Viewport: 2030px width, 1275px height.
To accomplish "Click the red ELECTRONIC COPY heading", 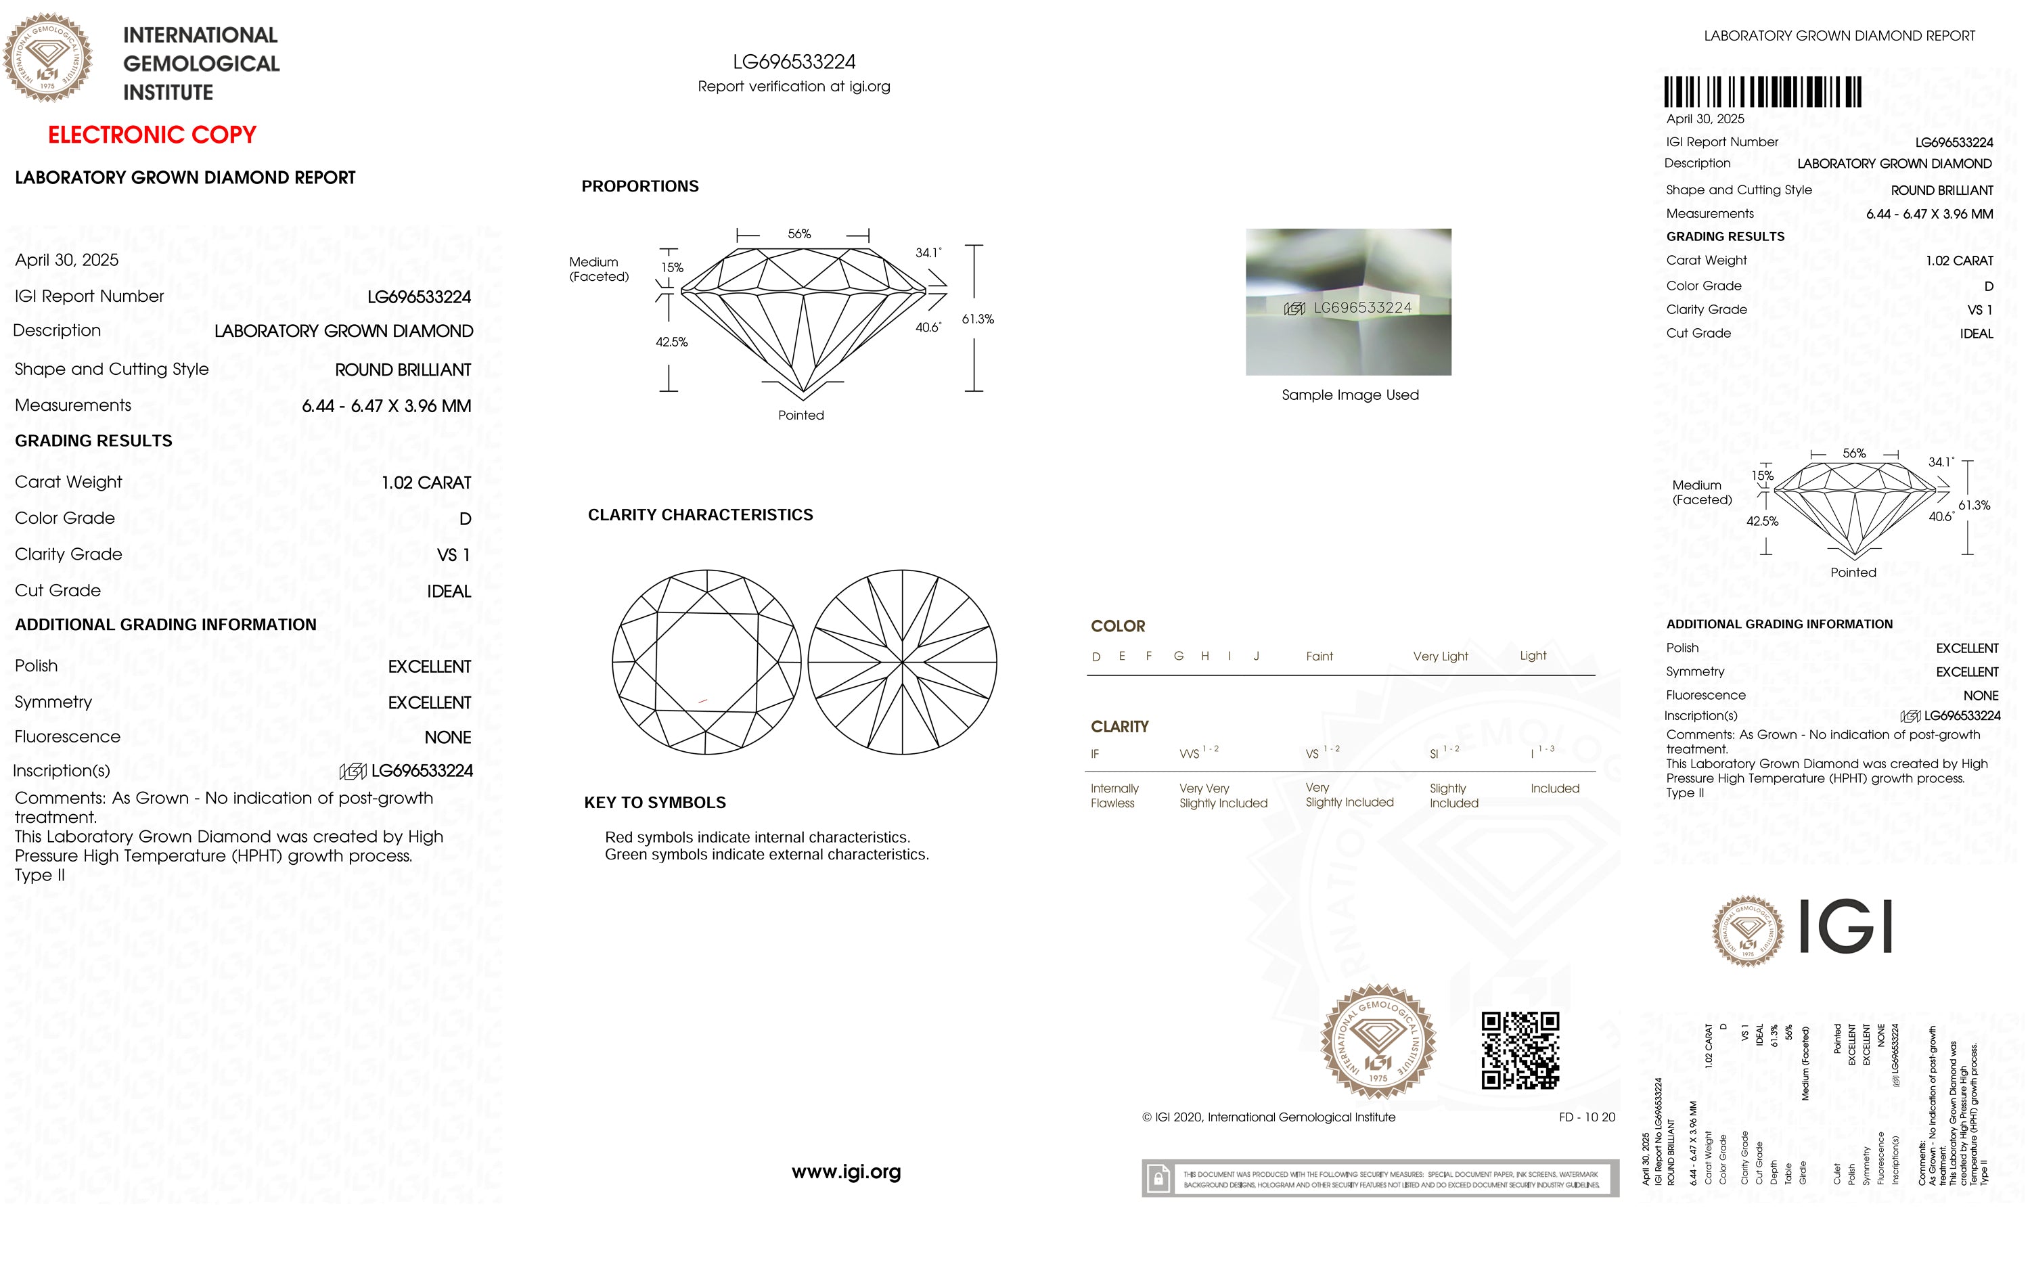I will (x=152, y=135).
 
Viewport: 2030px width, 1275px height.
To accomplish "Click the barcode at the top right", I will (x=1762, y=92).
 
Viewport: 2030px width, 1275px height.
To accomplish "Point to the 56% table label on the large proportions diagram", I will (x=799, y=233).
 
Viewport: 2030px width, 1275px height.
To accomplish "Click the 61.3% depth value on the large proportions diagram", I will (x=978, y=319).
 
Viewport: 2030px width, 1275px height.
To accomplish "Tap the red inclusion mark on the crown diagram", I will (x=702, y=700).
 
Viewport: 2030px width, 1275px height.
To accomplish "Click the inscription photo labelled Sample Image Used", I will (x=1348, y=302).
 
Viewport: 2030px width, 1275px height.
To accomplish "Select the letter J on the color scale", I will (x=1256, y=656).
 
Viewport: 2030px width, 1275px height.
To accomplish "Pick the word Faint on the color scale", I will (x=1319, y=656).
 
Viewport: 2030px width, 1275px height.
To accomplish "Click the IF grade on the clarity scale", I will (x=1094, y=754).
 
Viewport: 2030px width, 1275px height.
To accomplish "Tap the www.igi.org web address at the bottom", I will (x=846, y=1171).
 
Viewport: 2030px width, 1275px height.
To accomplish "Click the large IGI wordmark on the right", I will (x=1846, y=926).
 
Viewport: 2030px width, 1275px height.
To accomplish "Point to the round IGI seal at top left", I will (x=47, y=58).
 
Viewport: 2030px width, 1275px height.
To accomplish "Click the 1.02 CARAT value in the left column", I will (x=426, y=483).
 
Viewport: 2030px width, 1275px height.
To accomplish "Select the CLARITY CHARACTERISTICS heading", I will (x=700, y=515).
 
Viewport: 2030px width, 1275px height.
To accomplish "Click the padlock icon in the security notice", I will (x=1158, y=1178).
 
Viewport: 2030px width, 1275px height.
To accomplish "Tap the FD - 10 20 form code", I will (x=1587, y=1117).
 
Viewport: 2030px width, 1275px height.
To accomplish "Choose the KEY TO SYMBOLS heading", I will (x=654, y=803).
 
